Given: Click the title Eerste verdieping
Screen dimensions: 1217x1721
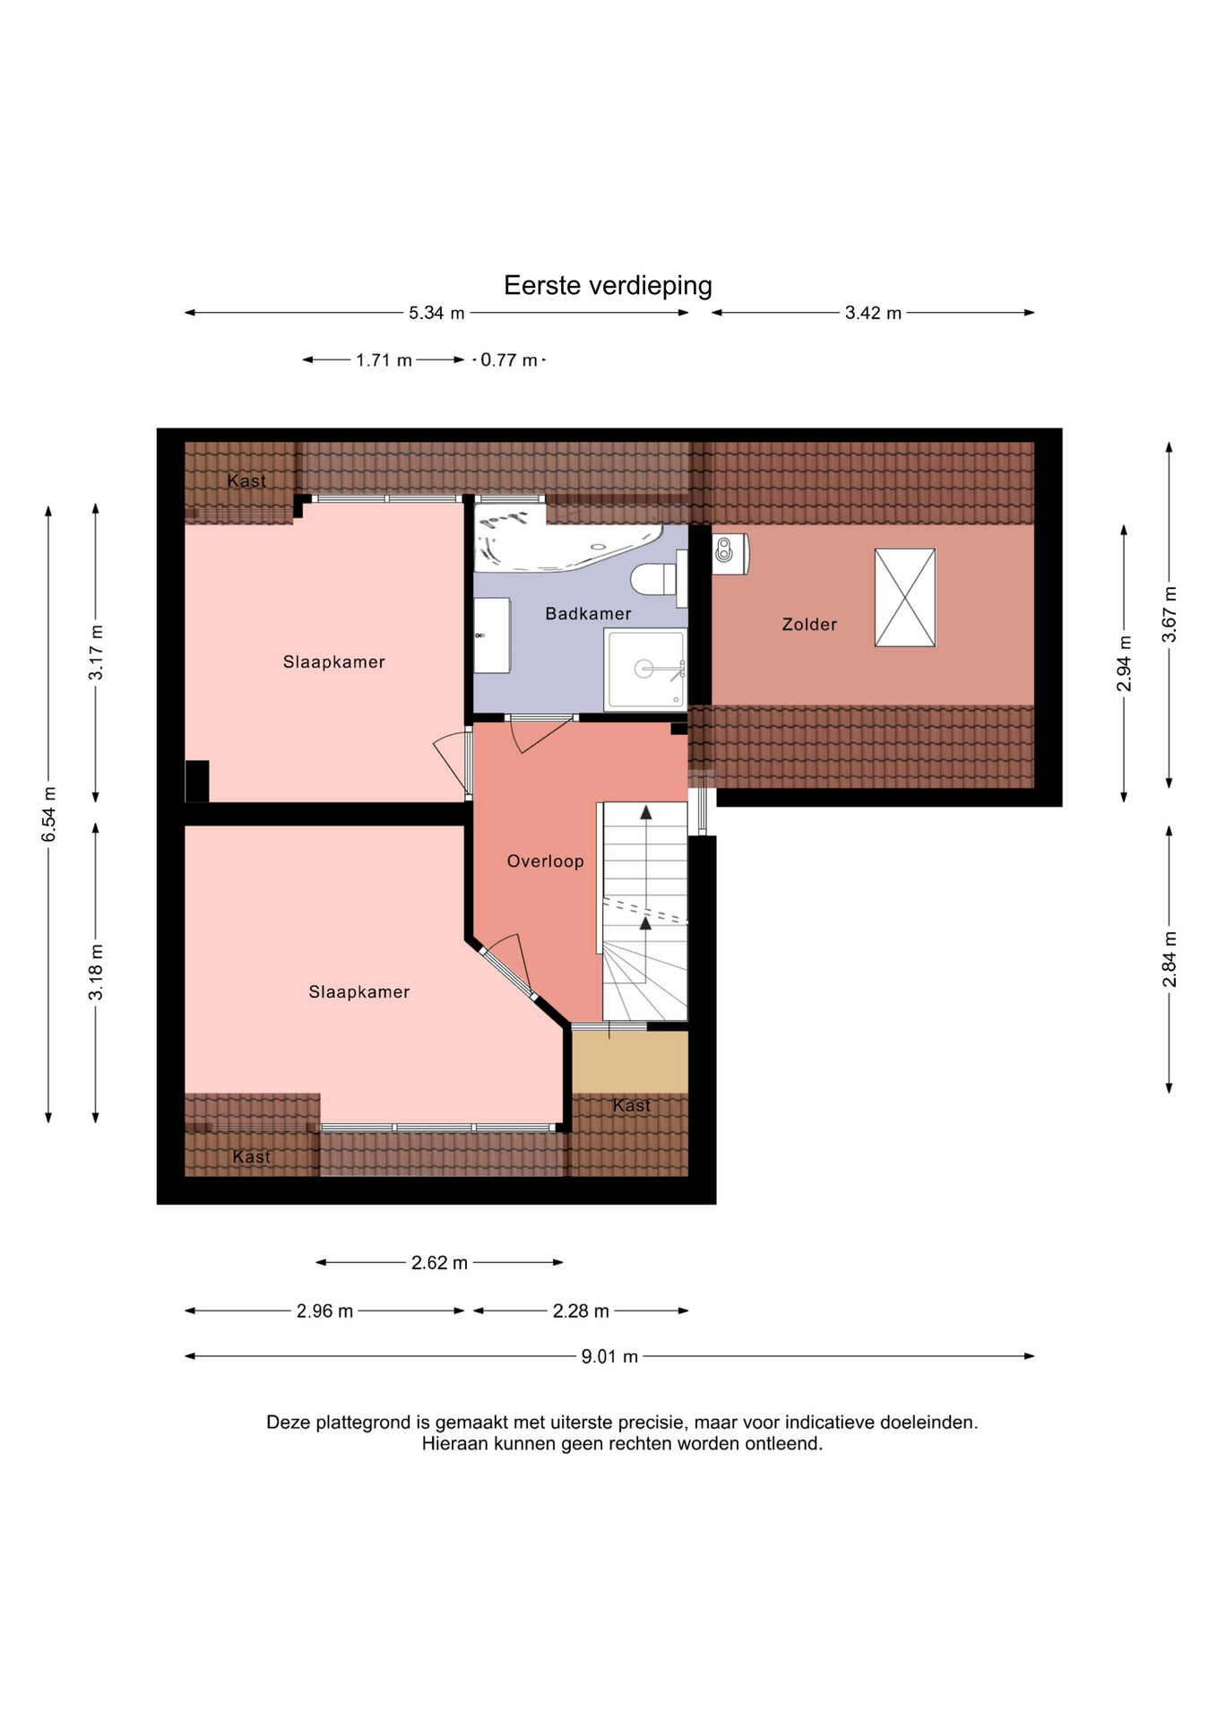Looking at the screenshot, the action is click(x=608, y=286).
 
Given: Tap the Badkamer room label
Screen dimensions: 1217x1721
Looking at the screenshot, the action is click(x=588, y=614).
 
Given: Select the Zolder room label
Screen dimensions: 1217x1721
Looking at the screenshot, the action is click(x=809, y=625).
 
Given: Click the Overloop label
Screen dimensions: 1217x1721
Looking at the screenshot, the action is click(x=545, y=861).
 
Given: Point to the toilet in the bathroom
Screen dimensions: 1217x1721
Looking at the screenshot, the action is click(x=660, y=578).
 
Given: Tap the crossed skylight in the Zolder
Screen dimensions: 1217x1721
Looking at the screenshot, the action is click(x=904, y=598).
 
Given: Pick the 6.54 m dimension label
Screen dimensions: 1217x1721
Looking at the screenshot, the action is click(x=49, y=814).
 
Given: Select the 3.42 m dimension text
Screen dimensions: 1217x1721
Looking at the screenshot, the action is click(x=873, y=313).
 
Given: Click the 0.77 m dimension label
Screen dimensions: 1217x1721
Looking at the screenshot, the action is click(x=509, y=360).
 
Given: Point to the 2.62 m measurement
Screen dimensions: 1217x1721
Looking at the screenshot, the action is click(x=439, y=1263).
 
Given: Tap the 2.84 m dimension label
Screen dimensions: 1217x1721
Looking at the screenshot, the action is click(x=1170, y=959).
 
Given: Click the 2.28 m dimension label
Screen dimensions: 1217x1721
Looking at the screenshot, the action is click(x=581, y=1311).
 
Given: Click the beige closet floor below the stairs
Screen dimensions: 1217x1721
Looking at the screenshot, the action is click(x=630, y=1062).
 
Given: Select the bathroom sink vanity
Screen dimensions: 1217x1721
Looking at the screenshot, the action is click(x=492, y=636).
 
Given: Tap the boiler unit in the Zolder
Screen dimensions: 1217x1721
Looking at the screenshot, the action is click(x=729, y=553).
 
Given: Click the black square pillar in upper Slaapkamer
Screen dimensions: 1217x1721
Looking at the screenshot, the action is click(x=197, y=782).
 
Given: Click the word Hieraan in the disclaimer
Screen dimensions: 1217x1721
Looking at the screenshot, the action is click(x=456, y=1444).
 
